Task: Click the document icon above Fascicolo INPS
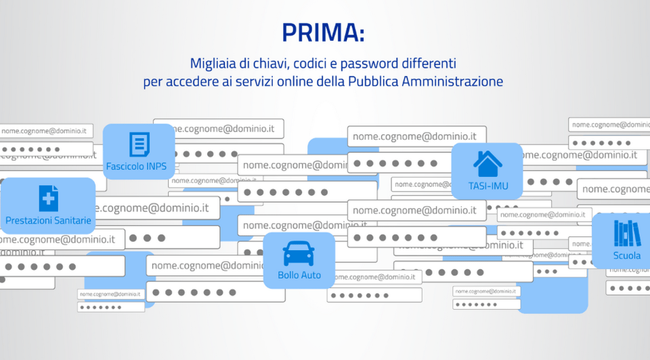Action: (139, 144)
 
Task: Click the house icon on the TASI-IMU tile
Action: (487, 163)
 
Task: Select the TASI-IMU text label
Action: (487, 186)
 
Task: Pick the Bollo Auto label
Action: (299, 275)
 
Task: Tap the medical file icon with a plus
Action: (48, 198)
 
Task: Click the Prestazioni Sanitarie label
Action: (48, 220)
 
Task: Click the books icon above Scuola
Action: (627, 233)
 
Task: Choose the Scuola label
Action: (627, 256)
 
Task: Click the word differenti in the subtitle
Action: (428, 64)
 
